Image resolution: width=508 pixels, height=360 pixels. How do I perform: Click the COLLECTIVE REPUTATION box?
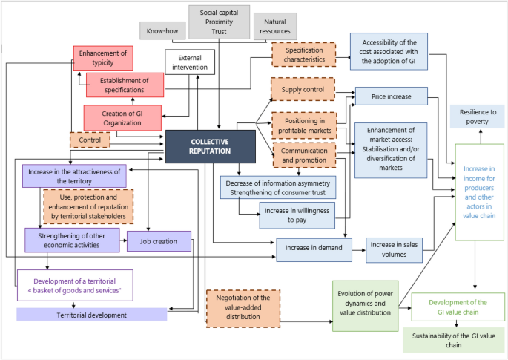(x=210, y=145)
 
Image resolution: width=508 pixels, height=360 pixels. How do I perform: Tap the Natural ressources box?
(x=274, y=27)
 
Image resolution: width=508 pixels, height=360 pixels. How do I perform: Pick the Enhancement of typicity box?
(x=103, y=58)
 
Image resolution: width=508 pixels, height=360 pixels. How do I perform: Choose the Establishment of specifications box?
(x=125, y=85)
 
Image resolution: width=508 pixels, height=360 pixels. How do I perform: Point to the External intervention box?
(x=191, y=62)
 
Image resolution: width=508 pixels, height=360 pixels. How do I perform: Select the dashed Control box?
(x=90, y=139)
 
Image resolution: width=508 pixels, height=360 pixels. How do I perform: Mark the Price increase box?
(x=392, y=96)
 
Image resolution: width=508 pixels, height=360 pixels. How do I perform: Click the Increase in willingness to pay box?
(x=287, y=216)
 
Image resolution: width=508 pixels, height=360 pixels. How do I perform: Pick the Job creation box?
(x=159, y=240)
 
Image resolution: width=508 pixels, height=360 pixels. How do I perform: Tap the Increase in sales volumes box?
(x=394, y=249)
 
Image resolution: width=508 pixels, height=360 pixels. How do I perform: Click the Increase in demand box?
(x=313, y=249)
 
